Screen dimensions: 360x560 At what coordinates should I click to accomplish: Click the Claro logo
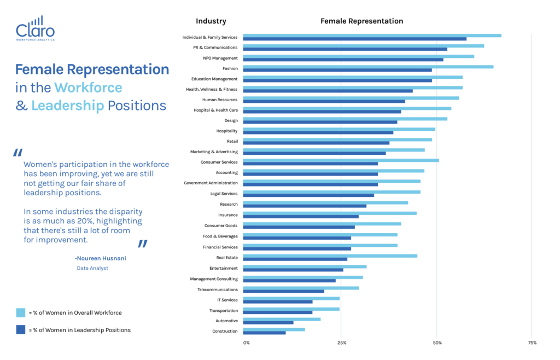tap(36, 28)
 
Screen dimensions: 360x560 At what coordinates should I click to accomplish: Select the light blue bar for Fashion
tap(367, 67)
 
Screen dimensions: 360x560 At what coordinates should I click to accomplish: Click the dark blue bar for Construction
tap(264, 333)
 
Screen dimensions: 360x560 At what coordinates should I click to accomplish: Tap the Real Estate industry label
tap(227, 258)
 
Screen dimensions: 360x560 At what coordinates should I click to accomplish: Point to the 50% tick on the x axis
tap(437, 343)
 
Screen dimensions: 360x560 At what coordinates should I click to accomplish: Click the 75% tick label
tap(532, 343)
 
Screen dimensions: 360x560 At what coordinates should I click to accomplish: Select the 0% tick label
tap(246, 343)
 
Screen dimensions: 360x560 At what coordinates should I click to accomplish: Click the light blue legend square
tap(21, 313)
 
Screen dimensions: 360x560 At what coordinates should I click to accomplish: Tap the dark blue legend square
tap(21, 330)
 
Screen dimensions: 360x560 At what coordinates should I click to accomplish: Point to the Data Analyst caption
tap(92, 268)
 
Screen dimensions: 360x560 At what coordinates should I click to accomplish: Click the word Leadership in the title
tap(67, 106)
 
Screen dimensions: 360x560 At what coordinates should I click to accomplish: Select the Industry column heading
tap(211, 21)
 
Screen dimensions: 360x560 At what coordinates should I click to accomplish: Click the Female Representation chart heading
tap(361, 21)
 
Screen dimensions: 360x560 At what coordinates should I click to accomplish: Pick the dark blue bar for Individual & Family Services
tap(354, 39)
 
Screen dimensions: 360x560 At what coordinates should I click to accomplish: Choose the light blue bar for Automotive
tap(282, 319)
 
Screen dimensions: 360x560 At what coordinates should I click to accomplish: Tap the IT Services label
tap(227, 300)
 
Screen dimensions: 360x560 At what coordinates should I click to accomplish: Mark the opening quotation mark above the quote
tap(17, 153)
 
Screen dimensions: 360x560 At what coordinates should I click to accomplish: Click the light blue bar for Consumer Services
tap(341, 160)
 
